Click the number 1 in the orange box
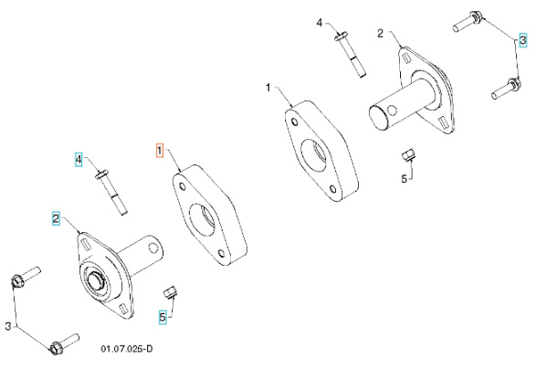[x=159, y=150]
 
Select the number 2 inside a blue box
[x=56, y=219]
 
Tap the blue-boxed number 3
[x=523, y=40]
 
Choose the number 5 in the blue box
[x=163, y=317]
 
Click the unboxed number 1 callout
[x=268, y=88]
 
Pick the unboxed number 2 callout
[x=380, y=34]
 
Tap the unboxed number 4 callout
[x=320, y=22]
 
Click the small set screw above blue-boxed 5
[x=169, y=292]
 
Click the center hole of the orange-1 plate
[x=203, y=220]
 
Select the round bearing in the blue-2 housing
[x=93, y=279]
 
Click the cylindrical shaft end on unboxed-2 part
[x=378, y=120]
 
